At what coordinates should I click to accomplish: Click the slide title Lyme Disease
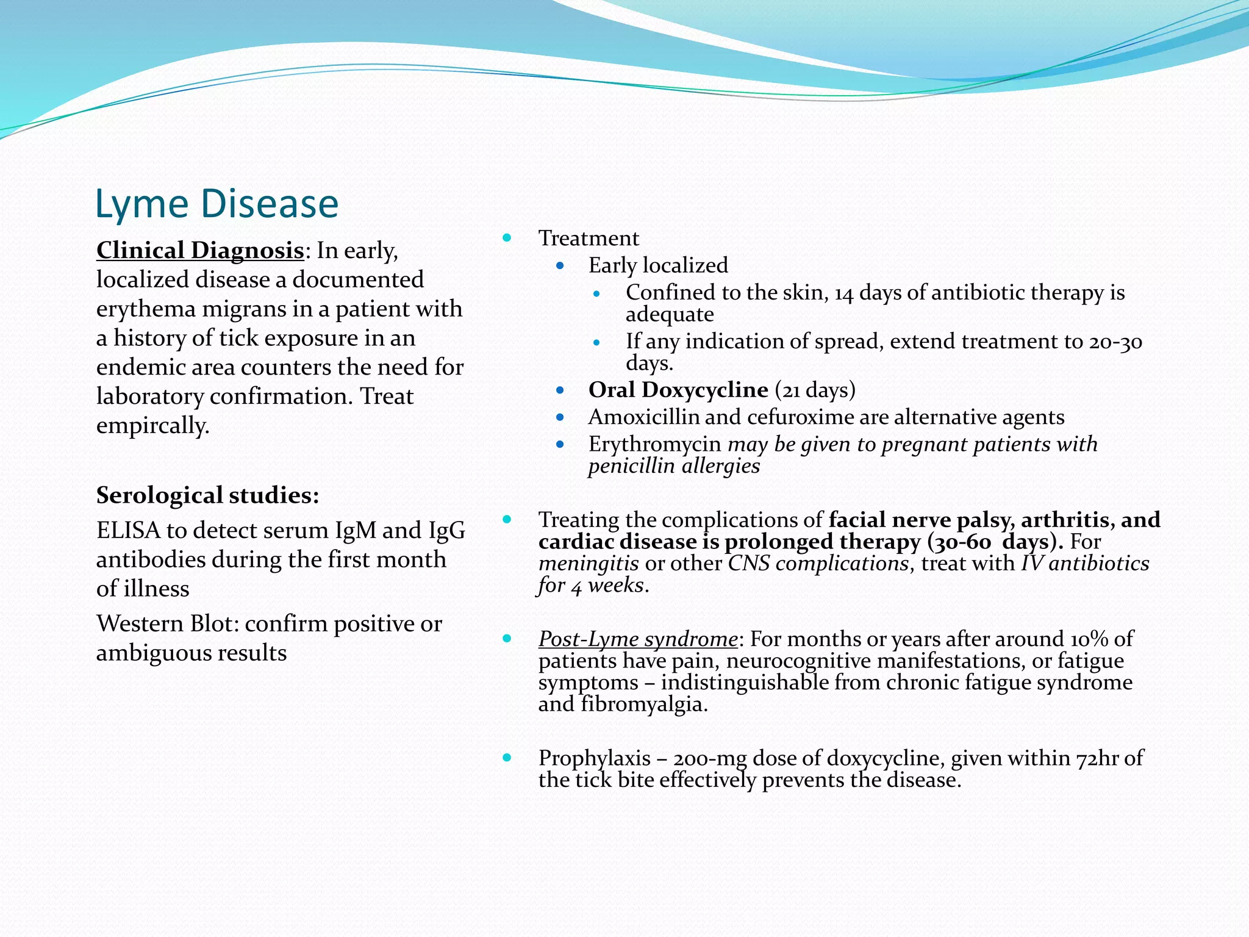pos(217,204)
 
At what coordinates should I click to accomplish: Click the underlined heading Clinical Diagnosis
pos(200,250)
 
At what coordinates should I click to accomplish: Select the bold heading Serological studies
pos(207,495)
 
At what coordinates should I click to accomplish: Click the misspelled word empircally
pos(152,425)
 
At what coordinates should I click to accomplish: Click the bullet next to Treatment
pos(507,238)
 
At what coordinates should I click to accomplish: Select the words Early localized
pos(658,265)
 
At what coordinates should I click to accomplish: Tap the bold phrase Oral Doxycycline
pos(678,390)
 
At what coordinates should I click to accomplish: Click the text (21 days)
pos(815,390)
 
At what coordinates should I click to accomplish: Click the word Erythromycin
pos(654,444)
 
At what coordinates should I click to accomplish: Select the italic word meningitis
pos(589,563)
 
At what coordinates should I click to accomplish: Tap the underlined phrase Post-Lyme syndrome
pos(637,639)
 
